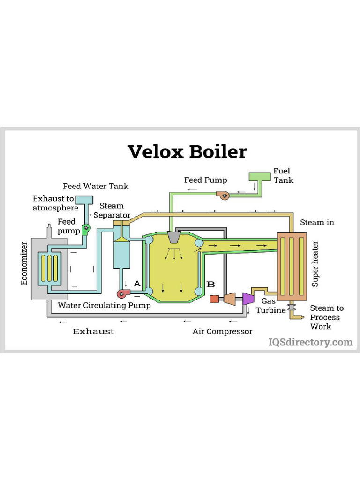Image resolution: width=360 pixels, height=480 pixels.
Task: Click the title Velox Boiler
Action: tap(187, 151)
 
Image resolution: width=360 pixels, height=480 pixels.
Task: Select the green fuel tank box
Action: tap(256, 177)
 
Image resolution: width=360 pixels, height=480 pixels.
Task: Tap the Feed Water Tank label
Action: tap(96, 186)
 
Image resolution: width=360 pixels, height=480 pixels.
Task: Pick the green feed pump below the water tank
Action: tap(86, 229)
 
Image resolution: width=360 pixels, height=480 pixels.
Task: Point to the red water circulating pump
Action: tap(124, 293)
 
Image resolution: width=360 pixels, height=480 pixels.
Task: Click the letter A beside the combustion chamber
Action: tap(137, 283)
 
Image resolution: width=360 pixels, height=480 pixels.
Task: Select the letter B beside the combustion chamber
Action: tap(211, 284)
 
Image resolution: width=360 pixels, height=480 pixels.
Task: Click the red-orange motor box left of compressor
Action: tap(214, 299)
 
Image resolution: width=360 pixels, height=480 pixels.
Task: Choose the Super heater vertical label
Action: tap(315, 264)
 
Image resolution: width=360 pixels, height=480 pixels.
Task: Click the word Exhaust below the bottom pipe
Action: tap(93, 331)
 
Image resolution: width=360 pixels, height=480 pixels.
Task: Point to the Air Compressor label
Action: tap(222, 331)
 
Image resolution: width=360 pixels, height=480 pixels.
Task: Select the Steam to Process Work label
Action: tap(326, 317)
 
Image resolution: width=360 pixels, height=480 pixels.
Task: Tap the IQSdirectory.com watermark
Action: tap(310, 342)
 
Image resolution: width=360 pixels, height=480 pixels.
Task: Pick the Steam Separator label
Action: tap(112, 210)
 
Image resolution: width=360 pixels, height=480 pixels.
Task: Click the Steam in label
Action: tap(317, 222)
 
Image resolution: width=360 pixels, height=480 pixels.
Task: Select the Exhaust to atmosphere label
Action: tap(55, 203)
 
